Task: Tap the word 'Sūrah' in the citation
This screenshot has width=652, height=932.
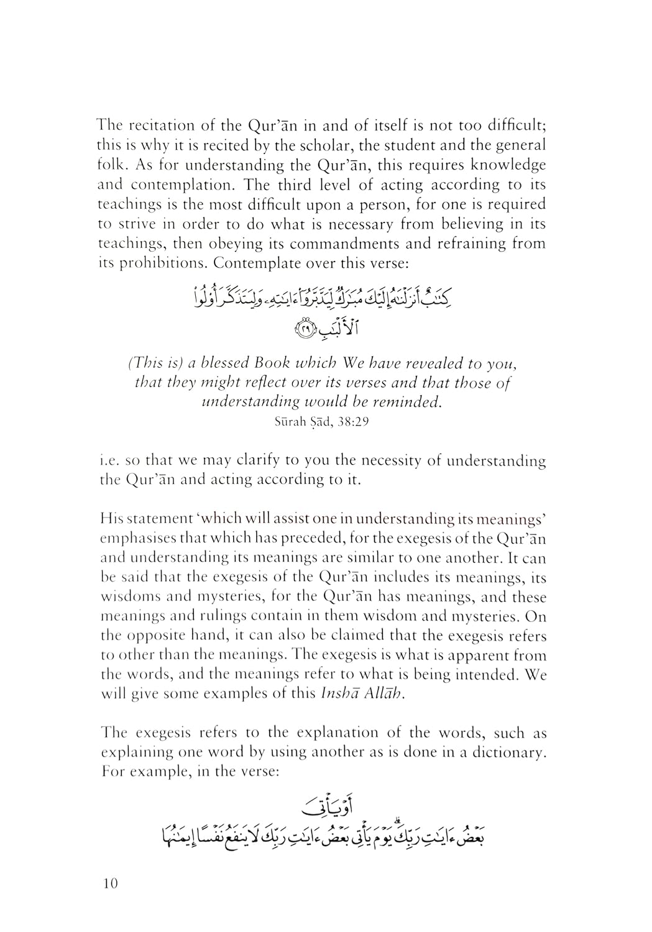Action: pyautogui.click(x=287, y=422)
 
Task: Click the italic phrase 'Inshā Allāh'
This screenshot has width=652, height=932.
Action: pyautogui.click(x=362, y=695)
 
